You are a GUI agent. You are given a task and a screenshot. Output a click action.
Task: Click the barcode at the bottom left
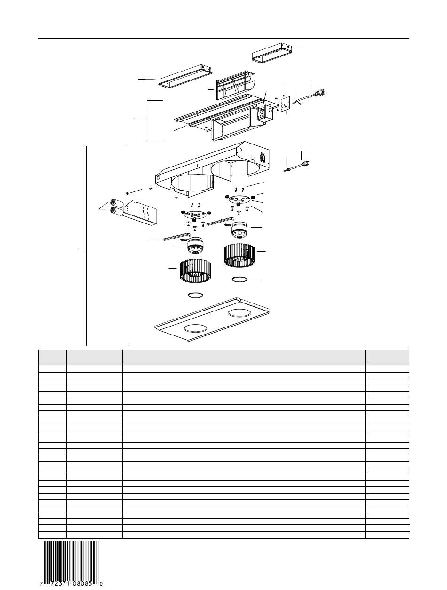tap(71, 566)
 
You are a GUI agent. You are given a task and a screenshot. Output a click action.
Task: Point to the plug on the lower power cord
tap(306, 163)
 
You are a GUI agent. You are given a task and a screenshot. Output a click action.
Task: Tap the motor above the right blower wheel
tap(240, 230)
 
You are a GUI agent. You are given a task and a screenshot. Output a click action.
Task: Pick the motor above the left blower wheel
tap(196, 246)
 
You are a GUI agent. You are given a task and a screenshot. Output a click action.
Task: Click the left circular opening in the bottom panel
tap(195, 328)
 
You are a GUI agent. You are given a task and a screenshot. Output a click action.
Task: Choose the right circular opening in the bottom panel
tap(239, 312)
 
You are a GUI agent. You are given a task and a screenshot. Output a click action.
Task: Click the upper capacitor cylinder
tap(116, 203)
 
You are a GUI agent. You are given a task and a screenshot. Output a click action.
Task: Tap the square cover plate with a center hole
tap(285, 104)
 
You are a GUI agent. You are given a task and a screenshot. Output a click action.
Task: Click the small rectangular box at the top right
tap(272, 53)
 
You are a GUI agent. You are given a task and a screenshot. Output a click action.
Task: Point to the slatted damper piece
tap(235, 86)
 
